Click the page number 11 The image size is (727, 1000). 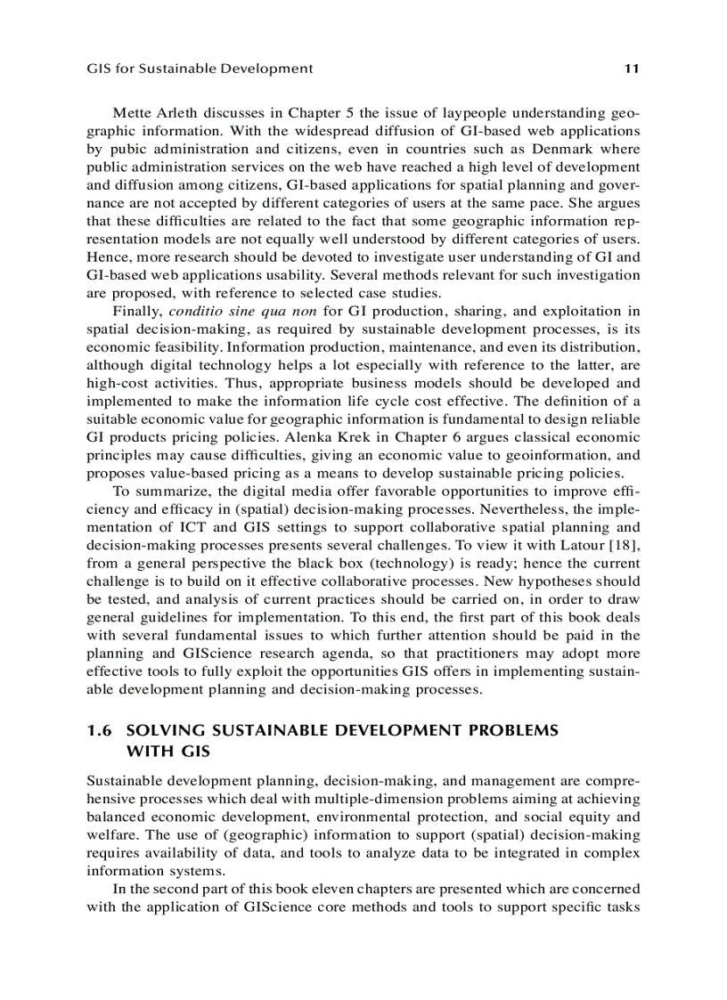[633, 68]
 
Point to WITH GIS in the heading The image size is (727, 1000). [169, 751]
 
